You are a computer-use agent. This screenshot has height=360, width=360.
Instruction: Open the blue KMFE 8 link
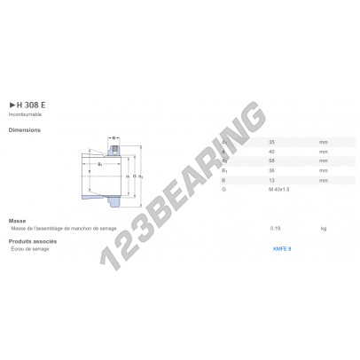(x=284, y=249)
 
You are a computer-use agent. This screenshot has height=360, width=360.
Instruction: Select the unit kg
(x=323, y=228)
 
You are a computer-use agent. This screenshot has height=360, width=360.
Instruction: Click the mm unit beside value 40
(x=324, y=152)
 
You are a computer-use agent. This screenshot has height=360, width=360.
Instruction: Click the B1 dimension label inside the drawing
(x=99, y=165)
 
